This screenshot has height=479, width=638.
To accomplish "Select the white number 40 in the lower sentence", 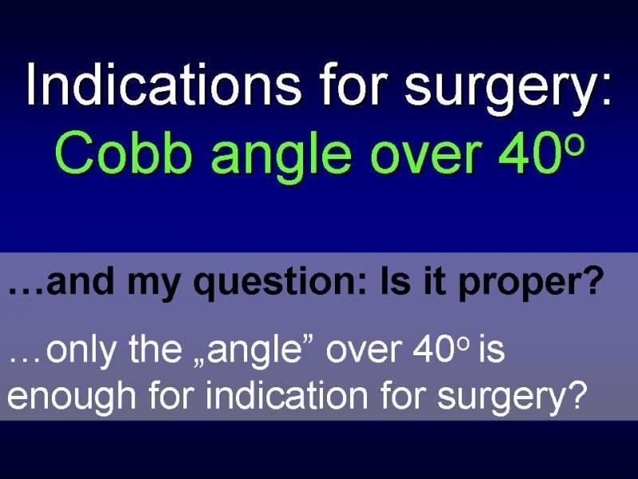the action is (433, 349).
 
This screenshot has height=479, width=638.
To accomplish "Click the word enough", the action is (71, 396).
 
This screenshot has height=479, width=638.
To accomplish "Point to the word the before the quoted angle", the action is (156, 349).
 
